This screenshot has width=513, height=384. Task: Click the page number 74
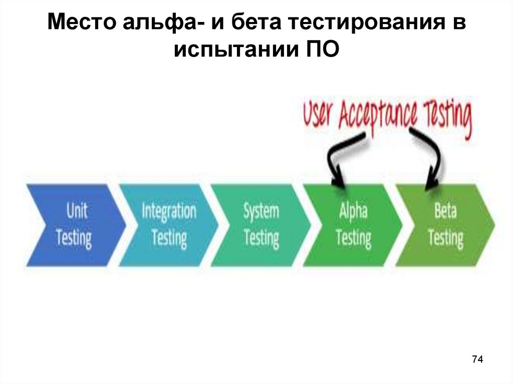tap(477, 359)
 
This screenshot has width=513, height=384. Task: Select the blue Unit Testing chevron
tap(73, 224)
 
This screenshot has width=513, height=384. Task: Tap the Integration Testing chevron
tap(168, 224)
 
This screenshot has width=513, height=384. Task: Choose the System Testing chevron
tap(261, 224)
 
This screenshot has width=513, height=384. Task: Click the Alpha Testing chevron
tap(353, 224)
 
